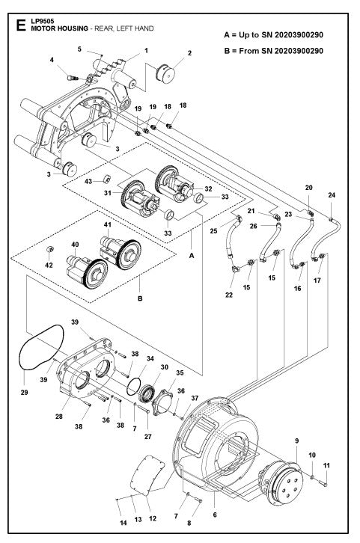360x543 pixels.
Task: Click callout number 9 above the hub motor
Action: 296,440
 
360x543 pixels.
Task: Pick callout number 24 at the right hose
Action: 331,196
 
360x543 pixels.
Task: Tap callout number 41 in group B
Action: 107,225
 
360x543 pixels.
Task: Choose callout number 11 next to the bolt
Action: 326,464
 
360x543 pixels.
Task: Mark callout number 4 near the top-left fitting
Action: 52,60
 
